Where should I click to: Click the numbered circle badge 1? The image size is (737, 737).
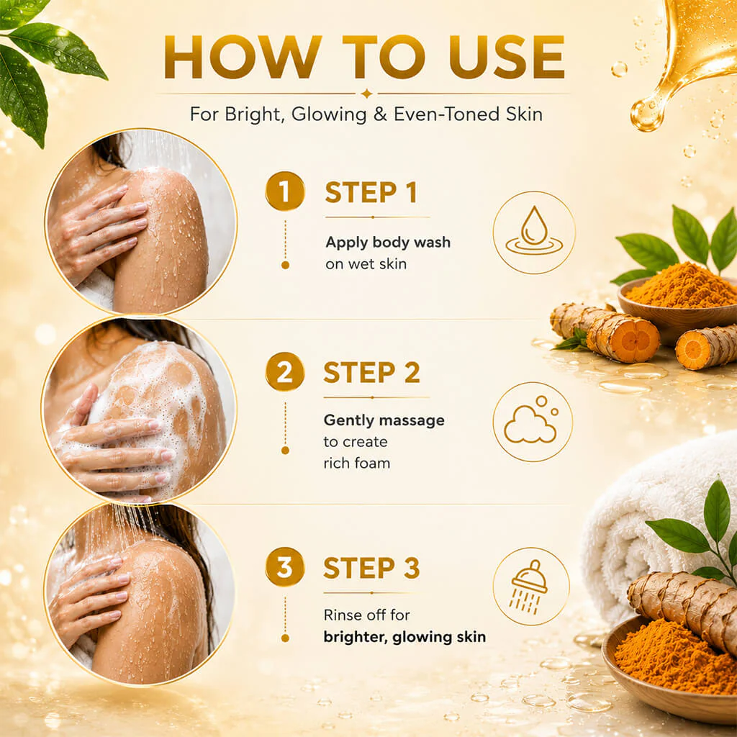285,191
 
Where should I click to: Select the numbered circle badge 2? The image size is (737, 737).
285,371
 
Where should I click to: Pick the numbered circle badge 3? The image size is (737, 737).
285,567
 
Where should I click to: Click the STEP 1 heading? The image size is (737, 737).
371,193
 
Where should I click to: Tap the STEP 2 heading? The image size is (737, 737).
371,373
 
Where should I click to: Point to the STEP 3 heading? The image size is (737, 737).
371,568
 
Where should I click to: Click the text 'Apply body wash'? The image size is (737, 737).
388,242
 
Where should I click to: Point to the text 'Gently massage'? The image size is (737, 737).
384,420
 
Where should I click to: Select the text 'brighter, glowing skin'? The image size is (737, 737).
404,637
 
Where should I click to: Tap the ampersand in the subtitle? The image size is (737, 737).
380,114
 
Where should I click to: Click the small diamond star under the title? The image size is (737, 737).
366,94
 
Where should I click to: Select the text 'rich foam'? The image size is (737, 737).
357,464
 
